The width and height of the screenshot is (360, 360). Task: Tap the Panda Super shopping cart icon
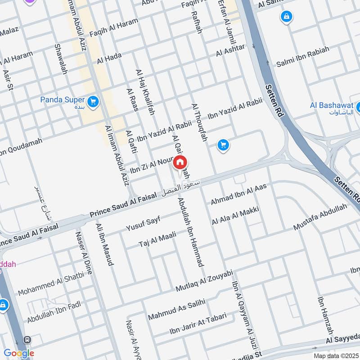pyautogui.click(x=93, y=102)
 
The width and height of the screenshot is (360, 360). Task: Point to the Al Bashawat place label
pyautogui.click(x=331, y=105)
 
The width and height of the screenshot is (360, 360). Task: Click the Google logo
pyautogui.click(x=19, y=353)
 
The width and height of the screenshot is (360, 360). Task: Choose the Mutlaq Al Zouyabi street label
pyautogui.click(x=204, y=281)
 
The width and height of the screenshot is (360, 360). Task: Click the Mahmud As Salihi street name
pyautogui.click(x=176, y=309)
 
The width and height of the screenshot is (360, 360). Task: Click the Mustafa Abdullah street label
pyautogui.click(x=320, y=217)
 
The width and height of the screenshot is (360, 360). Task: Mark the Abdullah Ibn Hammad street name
pyautogui.click(x=191, y=232)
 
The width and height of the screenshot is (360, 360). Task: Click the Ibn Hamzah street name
pyautogui.click(x=326, y=314)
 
